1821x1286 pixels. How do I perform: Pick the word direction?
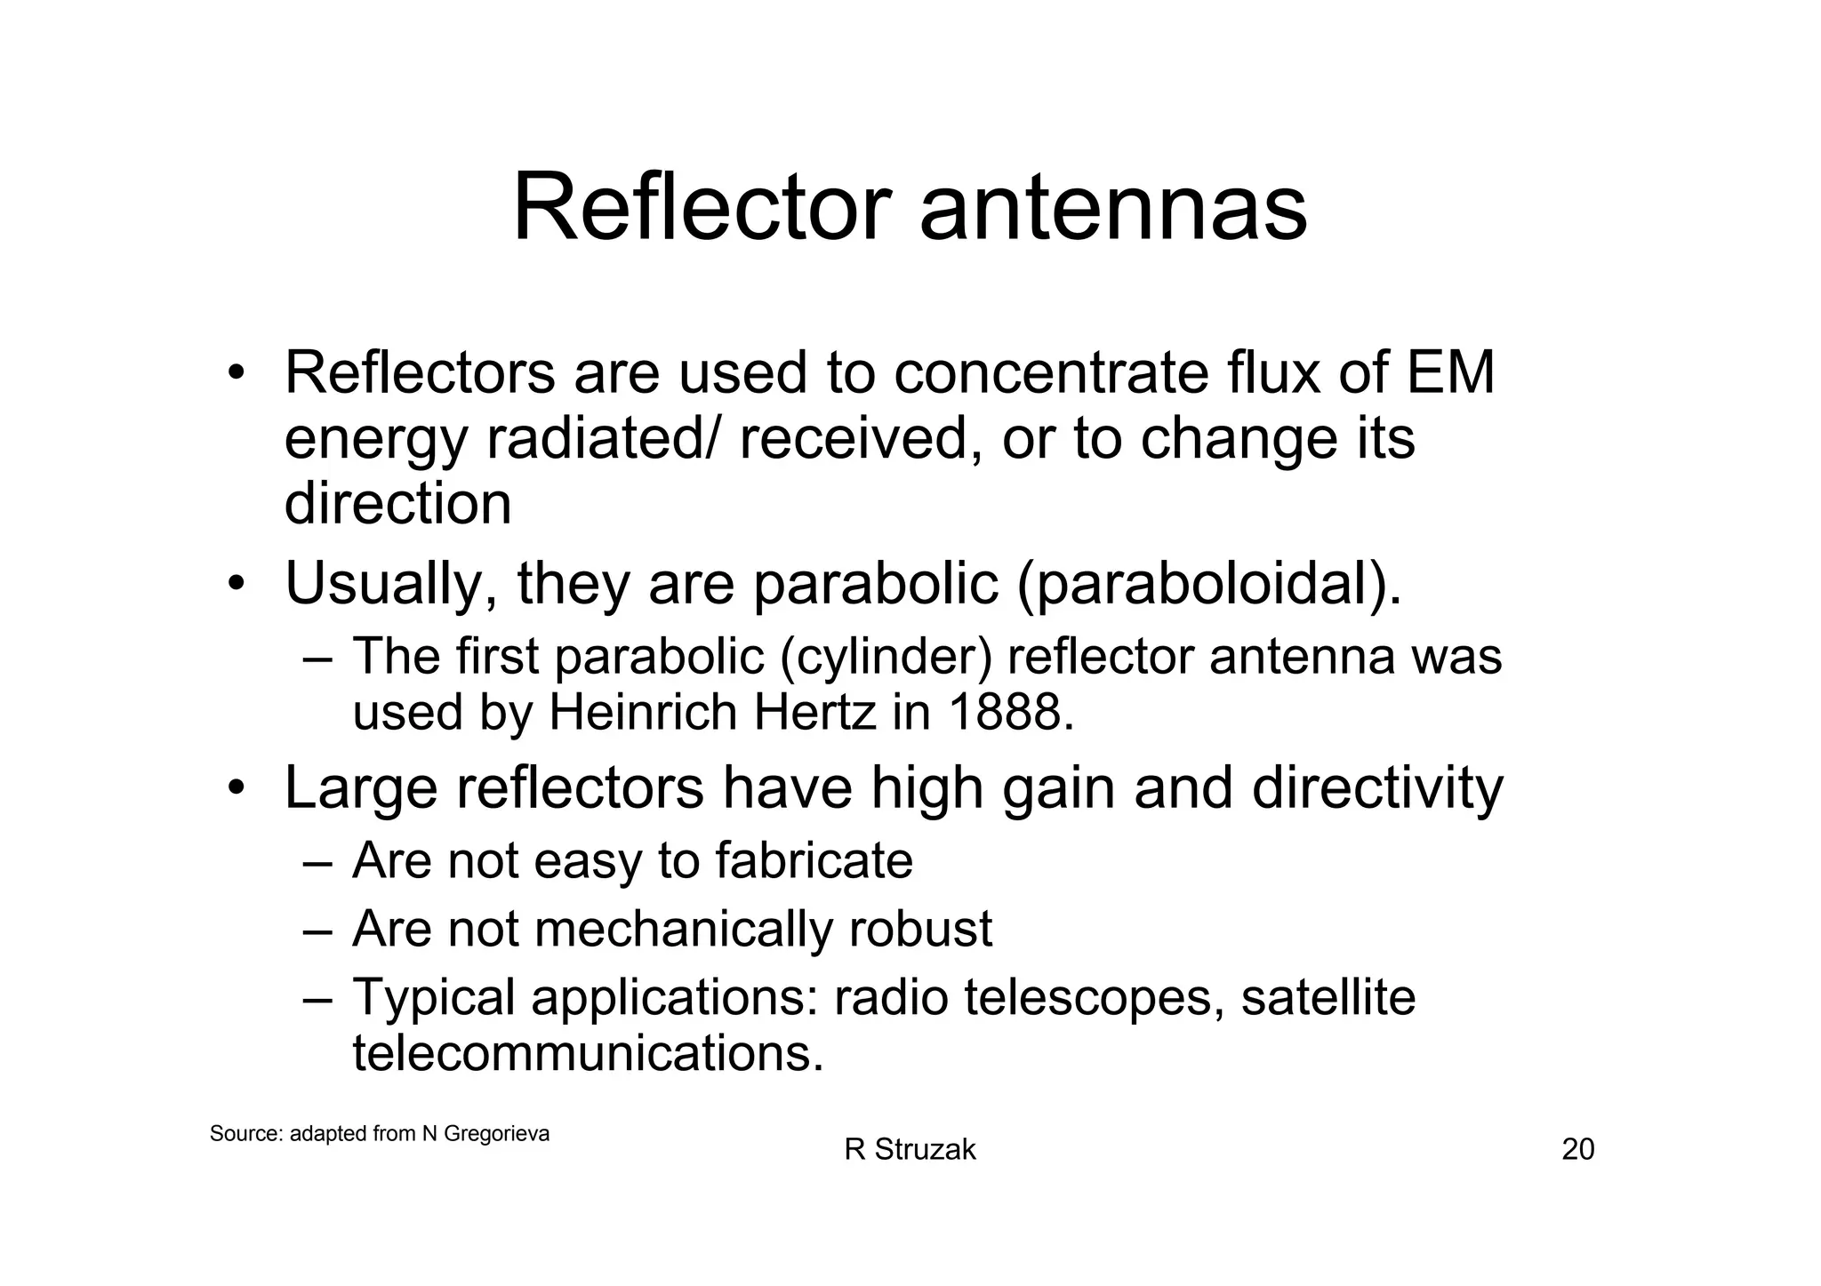(397, 504)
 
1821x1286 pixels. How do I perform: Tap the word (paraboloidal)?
(1208, 585)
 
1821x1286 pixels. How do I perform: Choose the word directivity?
(1377, 788)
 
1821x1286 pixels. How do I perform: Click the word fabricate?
(814, 860)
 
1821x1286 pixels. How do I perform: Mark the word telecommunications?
(588, 1053)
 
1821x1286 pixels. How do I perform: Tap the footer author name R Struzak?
(910, 1150)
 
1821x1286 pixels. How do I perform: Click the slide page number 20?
(1578, 1150)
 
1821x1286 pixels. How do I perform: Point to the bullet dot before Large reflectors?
(235, 788)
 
